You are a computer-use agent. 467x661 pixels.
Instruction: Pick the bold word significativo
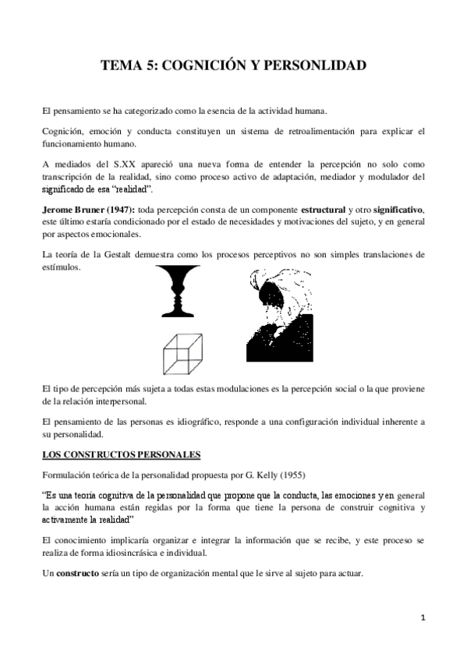point(394,211)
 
